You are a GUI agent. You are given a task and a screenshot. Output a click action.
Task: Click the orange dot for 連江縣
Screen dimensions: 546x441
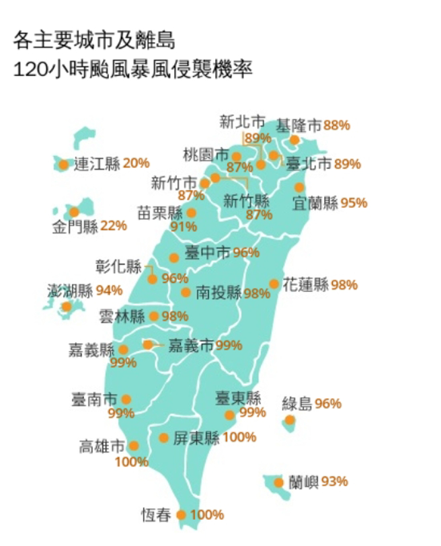pos(63,163)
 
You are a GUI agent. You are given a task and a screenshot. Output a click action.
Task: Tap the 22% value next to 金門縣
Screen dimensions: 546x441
pos(113,226)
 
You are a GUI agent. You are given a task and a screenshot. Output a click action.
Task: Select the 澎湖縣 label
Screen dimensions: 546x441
pos(70,291)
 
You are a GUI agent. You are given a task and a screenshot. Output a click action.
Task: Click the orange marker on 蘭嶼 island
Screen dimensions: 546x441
pos(279,482)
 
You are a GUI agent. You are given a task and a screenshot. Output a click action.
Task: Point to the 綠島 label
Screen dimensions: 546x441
pos(296,404)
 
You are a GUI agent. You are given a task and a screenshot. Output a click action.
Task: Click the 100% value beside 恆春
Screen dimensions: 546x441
pos(207,515)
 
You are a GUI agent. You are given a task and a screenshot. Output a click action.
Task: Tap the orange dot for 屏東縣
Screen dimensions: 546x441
pos(163,438)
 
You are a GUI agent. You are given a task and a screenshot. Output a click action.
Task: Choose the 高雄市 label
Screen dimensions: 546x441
pos(102,446)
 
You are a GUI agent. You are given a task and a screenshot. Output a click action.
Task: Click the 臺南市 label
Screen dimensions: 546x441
pos(93,399)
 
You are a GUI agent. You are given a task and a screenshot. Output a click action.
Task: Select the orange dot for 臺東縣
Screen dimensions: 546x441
pos(229,415)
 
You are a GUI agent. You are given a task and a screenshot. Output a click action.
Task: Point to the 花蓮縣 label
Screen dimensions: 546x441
pos(305,284)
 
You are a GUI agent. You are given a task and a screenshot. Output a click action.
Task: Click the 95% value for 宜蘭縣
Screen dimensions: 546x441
pos(354,203)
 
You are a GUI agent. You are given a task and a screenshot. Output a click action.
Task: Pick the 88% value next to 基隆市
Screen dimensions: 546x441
pos(337,125)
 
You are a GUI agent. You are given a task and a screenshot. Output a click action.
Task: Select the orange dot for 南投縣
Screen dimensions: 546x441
pos(186,292)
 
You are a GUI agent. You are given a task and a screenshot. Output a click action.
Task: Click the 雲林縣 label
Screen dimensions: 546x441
pos(121,316)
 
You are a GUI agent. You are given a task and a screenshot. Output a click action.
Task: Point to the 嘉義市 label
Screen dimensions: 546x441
pos(190,346)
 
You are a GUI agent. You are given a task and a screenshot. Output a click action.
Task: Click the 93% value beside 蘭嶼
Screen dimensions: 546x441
pos(334,481)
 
